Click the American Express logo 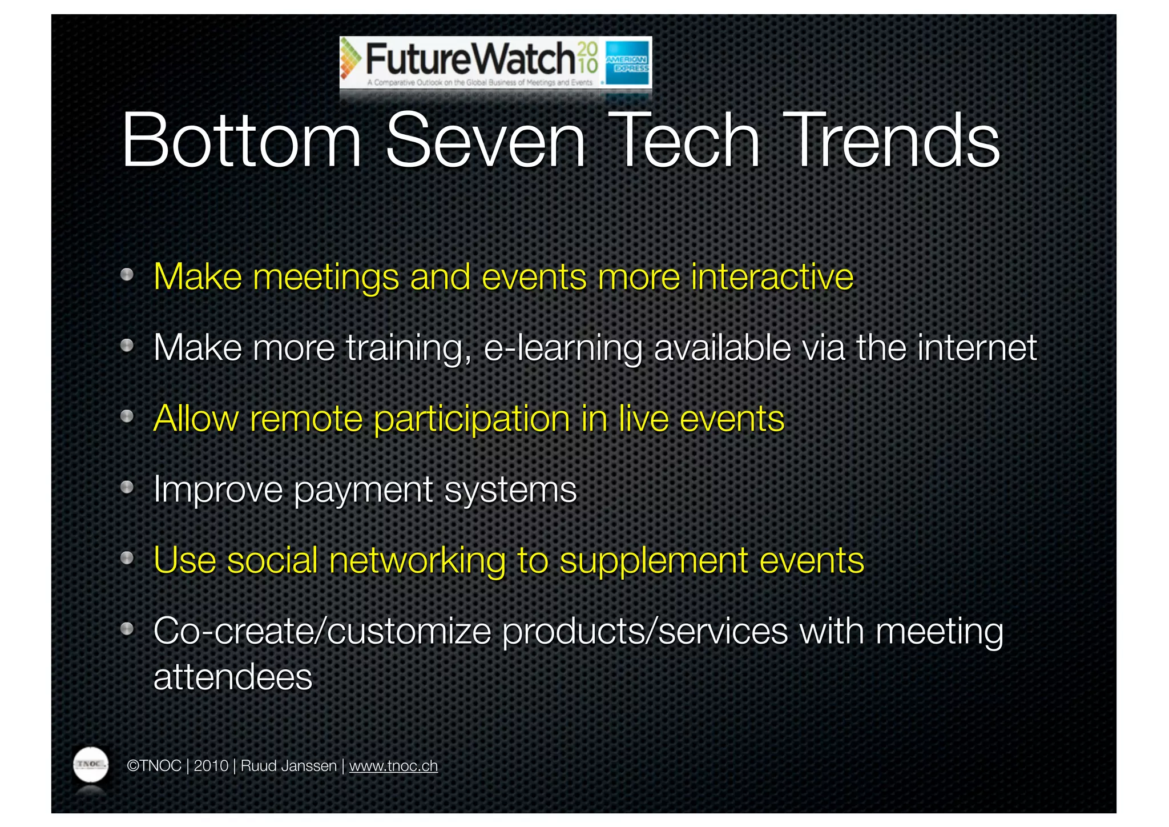pyautogui.click(x=627, y=63)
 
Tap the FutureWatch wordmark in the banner pyautogui.click(x=470, y=59)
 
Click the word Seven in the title pyautogui.click(x=485, y=141)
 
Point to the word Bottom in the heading pyautogui.click(x=242, y=141)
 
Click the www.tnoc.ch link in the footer pyautogui.click(x=393, y=766)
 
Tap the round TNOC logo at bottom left pyautogui.click(x=91, y=764)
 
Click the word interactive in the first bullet pyautogui.click(x=772, y=278)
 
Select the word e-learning pyautogui.click(x=563, y=348)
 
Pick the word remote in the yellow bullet pyautogui.click(x=306, y=419)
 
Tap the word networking pyautogui.click(x=417, y=561)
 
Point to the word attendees pyautogui.click(x=233, y=677)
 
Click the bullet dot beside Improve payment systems pyautogui.click(x=127, y=488)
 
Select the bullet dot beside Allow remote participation pyautogui.click(x=127, y=417)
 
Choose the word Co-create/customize pyautogui.click(x=322, y=632)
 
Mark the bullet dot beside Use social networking pyautogui.click(x=127, y=558)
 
